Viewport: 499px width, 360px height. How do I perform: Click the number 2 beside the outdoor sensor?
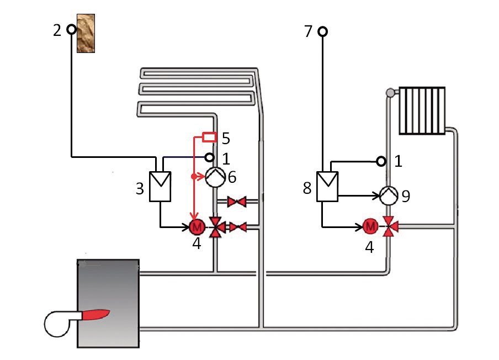[x=57, y=30]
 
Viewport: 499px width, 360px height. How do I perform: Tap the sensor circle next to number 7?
[x=323, y=31]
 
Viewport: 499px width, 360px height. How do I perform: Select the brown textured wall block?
[x=86, y=33]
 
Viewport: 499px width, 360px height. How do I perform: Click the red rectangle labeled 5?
[x=209, y=137]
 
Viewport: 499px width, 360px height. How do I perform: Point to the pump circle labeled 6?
[x=215, y=177]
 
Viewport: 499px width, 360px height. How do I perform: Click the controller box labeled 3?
[x=160, y=187]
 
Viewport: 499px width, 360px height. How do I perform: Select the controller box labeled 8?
[x=327, y=187]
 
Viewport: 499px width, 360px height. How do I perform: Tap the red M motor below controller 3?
[x=197, y=226]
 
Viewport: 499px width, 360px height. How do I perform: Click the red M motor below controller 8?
[x=370, y=226]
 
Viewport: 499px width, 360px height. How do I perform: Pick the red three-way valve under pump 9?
[x=390, y=226]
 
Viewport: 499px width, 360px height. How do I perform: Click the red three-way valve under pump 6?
[x=217, y=227]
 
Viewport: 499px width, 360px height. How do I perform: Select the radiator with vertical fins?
[x=422, y=110]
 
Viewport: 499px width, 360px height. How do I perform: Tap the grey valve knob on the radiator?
[x=390, y=93]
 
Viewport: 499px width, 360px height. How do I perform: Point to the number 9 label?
[x=406, y=197]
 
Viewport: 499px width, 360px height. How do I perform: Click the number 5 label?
[x=226, y=139]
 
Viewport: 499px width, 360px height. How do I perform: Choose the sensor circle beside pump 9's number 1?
[x=381, y=161]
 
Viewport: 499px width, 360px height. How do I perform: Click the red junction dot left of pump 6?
[x=194, y=176]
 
